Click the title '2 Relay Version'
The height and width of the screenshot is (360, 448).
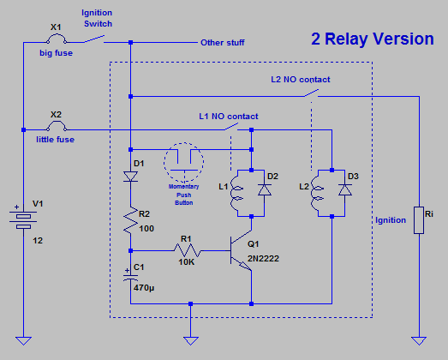coord(373,39)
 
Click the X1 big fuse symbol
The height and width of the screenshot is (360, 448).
coord(57,39)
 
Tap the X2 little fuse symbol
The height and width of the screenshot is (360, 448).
coord(57,126)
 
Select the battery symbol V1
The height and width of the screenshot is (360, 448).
coord(23,220)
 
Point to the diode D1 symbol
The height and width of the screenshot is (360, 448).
coord(130,177)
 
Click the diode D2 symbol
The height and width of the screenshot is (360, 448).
coord(265,190)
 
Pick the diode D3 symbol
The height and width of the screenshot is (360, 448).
coord(345,190)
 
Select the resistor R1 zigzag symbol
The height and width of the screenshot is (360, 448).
coord(188,250)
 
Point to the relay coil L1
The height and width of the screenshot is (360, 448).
coord(236,193)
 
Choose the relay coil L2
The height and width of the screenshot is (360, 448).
coord(317,193)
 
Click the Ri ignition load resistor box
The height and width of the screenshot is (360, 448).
coord(419,220)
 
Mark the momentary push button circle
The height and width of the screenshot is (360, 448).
coord(183,162)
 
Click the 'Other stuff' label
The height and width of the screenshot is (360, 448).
coord(222,43)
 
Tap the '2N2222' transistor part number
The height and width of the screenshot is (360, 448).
coord(263,259)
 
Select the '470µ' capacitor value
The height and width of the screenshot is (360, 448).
coord(144,288)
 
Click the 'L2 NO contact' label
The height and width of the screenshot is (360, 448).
coord(301,79)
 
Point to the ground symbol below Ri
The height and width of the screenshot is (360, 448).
coord(419,341)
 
